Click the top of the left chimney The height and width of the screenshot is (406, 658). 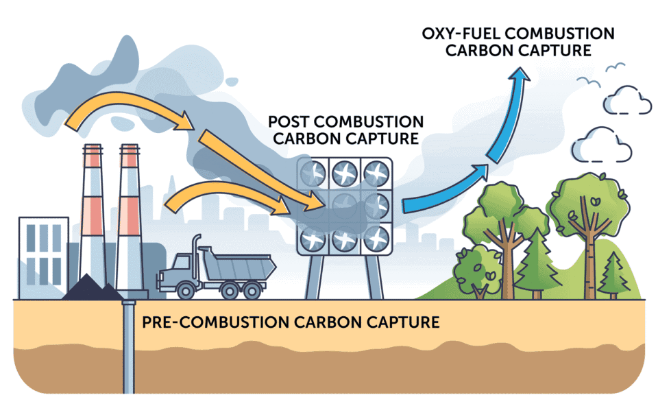(x=93, y=149)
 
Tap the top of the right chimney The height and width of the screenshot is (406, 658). (x=130, y=149)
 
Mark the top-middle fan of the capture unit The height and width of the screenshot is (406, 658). (x=344, y=171)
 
